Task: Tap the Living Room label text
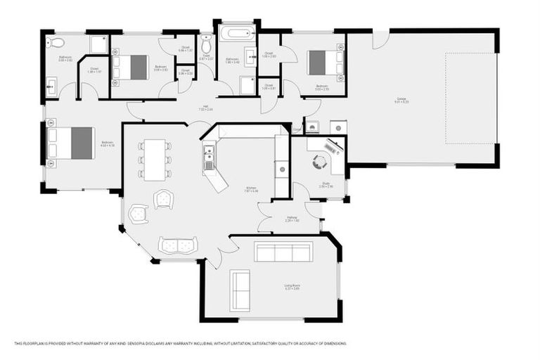(292, 286)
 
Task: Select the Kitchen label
(251, 188)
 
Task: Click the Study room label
(326, 185)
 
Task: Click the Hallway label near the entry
(292, 219)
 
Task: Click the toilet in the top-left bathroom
(57, 42)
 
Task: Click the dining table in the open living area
(155, 160)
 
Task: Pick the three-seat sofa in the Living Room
(283, 252)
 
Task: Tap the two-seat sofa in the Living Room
(240, 290)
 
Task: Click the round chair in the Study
(321, 162)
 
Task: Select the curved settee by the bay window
(177, 245)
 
